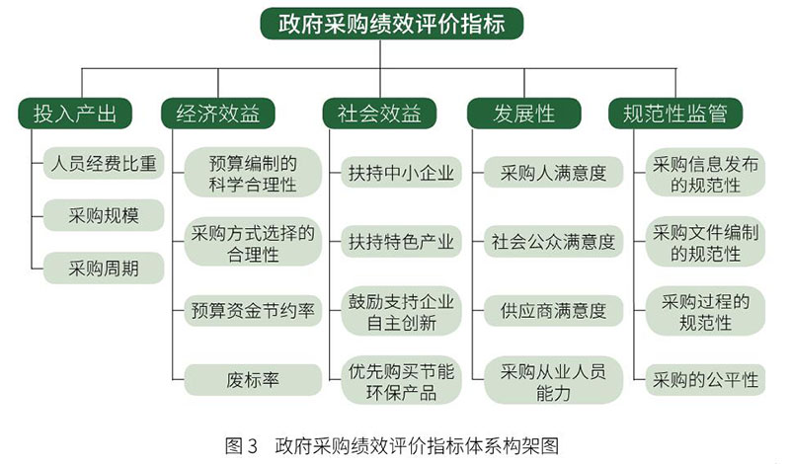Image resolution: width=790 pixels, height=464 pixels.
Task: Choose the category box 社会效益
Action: tap(372, 114)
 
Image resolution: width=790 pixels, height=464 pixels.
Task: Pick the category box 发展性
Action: tap(524, 114)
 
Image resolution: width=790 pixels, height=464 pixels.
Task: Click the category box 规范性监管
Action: tap(675, 114)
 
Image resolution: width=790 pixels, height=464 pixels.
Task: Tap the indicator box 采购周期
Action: tap(101, 267)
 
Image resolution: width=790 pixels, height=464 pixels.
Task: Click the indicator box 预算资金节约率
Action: tap(253, 310)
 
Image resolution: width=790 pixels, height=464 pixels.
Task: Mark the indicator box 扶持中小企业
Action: tap(400, 175)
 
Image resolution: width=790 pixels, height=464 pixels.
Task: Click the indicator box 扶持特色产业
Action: tap(400, 240)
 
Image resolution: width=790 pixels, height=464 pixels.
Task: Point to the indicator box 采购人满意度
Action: tap(553, 175)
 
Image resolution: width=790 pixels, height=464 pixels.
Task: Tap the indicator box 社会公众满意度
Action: tap(553, 240)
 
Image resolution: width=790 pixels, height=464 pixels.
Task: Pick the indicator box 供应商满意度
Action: tap(553, 310)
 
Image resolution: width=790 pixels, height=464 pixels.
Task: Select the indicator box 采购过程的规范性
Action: tap(705, 310)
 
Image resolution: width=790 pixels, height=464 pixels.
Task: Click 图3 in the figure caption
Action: tap(241, 442)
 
